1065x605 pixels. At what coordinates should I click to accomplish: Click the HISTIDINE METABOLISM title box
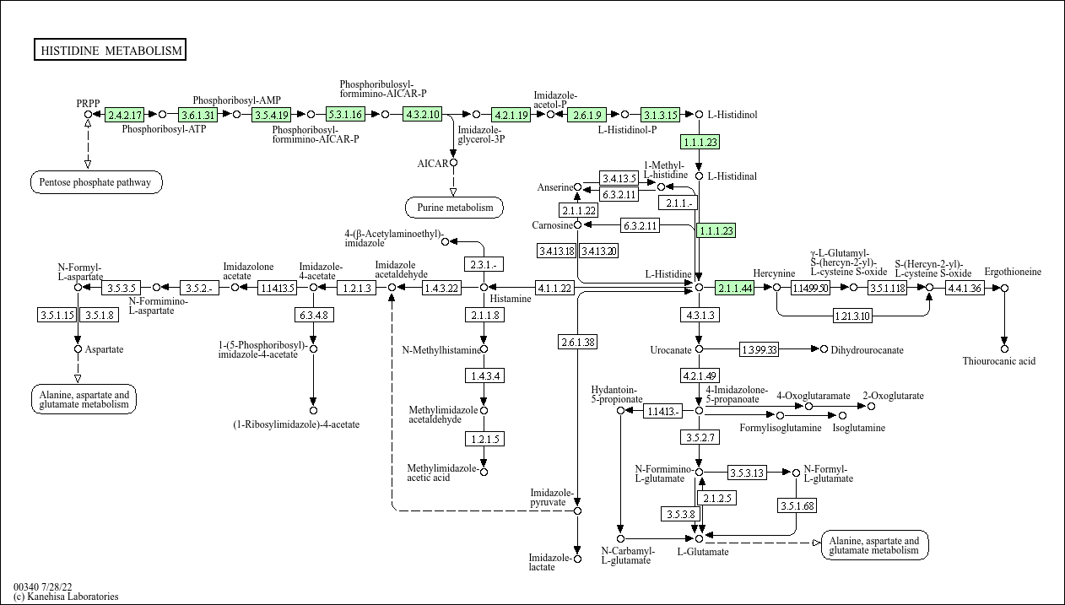click(111, 51)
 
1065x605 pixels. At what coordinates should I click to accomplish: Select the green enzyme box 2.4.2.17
click(125, 114)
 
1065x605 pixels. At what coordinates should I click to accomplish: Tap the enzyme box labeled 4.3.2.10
click(423, 114)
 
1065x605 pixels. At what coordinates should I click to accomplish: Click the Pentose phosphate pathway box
click(96, 181)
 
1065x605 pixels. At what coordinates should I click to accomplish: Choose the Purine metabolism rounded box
click(454, 207)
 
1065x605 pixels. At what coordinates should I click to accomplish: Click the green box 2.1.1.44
click(734, 288)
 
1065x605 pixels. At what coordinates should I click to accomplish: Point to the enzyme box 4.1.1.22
click(554, 288)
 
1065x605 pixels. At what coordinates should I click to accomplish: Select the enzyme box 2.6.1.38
click(577, 342)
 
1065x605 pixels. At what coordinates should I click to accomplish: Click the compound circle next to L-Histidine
click(699, 288)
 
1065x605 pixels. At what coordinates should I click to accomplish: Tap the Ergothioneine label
click(1013, 272)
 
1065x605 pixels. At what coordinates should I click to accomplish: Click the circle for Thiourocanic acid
click(1004, 348)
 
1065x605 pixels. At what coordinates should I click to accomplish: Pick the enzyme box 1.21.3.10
click(852, 316)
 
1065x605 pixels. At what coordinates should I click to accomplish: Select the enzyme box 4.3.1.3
click(699, 315)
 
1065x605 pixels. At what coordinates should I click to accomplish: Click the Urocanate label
click(671, 349)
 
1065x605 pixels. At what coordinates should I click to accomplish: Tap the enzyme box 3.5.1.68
click(797, 505)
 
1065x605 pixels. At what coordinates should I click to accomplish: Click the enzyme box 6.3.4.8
click(312, 315)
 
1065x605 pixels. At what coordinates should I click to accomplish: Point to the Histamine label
click(511, 299)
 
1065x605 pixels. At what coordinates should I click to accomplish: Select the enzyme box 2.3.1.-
click(484, 264)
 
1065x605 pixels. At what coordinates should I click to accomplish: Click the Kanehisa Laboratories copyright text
click(66, 597)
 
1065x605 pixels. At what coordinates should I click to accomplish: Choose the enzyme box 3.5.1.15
click(57, 315)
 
